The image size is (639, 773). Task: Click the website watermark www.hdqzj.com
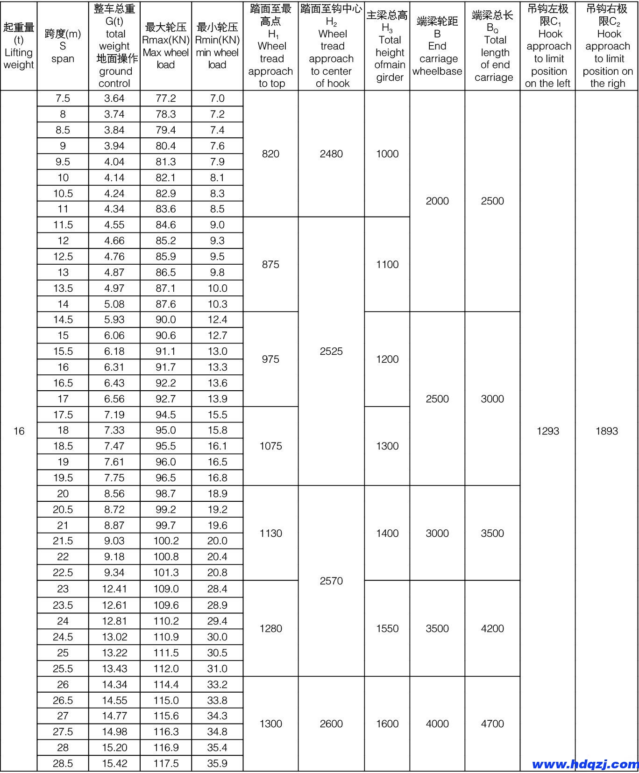584,764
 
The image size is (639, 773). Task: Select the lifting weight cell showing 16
19,431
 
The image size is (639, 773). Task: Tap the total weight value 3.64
114,98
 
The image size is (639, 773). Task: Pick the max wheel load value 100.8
166,556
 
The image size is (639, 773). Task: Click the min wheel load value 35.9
217,763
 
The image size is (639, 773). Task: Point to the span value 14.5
63,320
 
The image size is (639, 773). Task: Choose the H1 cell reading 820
270,154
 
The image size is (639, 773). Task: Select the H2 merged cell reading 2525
331,351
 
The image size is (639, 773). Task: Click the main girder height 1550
387,628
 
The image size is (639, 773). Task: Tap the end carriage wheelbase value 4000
437,724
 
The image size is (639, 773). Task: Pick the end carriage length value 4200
492,628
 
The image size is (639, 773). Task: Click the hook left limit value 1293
547,431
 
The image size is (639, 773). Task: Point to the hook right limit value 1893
607,431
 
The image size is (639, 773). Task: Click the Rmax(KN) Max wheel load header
166,46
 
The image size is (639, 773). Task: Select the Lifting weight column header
19,46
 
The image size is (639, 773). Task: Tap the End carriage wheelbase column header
437,46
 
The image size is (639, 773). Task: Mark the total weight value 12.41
114,589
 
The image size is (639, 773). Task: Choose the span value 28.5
63,763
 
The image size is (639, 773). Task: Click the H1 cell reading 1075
270,446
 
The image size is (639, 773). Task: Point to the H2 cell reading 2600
331,724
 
